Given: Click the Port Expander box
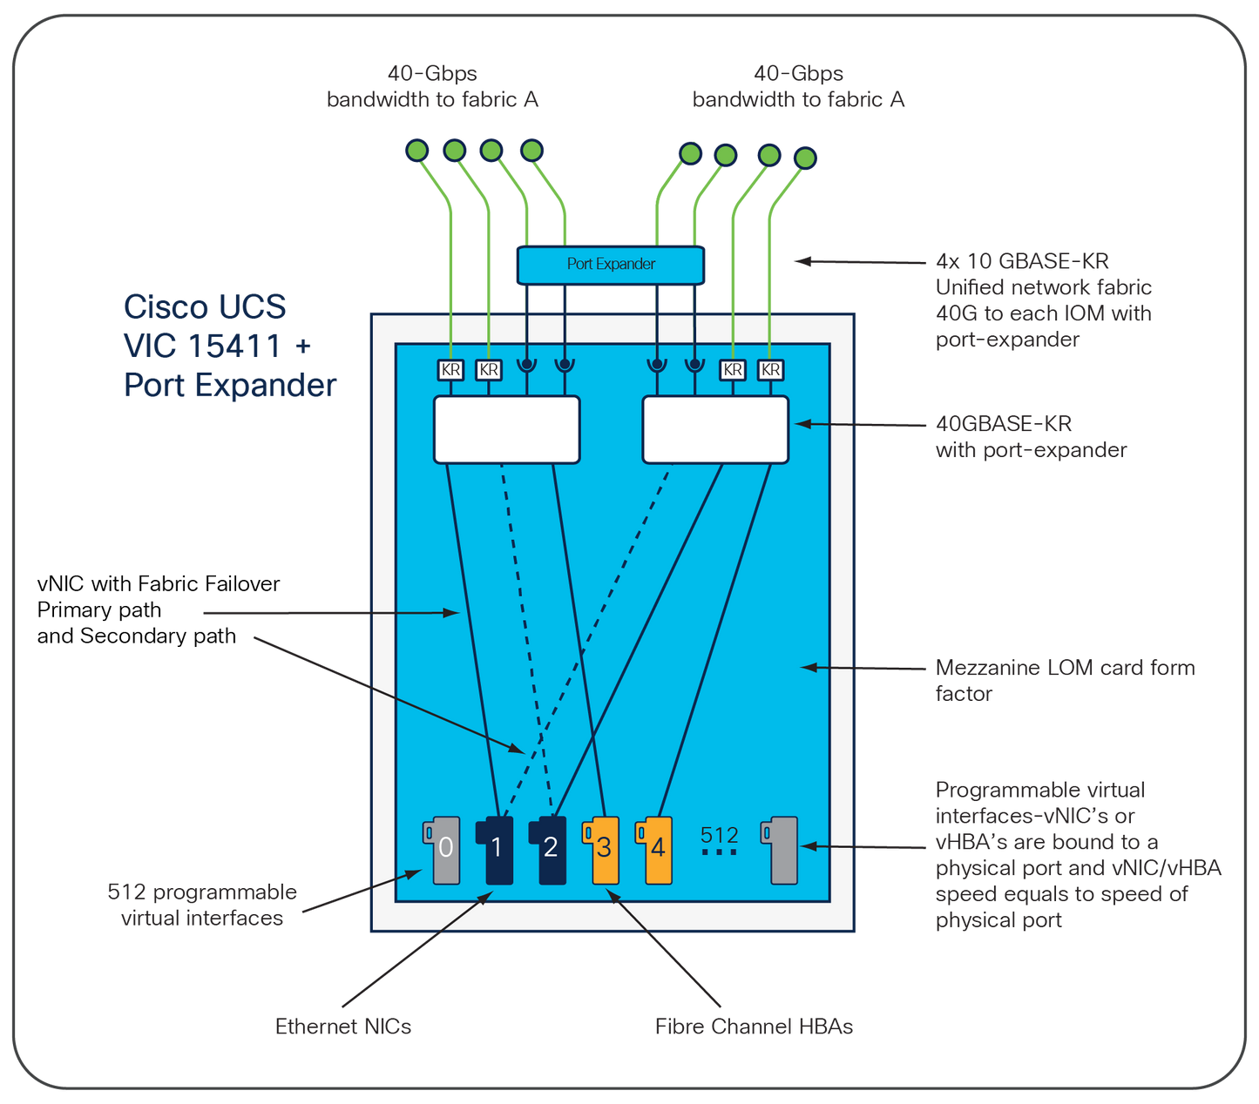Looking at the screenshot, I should click(x=610, y=265).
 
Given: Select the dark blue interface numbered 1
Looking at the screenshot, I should click(x=497, y=850).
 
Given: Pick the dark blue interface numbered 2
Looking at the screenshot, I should click(x=551, y=850).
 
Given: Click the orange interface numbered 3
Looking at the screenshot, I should click(x=603, y=850).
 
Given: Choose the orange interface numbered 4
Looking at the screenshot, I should click(x=656, y=850).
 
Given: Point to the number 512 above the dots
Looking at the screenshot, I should click(x=719, y=836).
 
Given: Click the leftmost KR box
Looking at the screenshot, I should click(x=450, y=370).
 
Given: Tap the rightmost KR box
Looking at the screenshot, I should click(x=770, y=370).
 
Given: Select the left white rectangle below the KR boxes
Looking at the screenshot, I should click(x=507, y=430).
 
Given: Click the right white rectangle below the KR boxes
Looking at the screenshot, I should click(x=715, y=430).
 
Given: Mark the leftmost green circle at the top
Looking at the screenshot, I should click(x=417, y=151).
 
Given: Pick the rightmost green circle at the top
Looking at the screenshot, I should click(x=806, y=158).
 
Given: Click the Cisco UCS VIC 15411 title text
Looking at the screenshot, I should click(x=228, y=346).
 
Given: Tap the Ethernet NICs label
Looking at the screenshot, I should click(x=343, y=1027).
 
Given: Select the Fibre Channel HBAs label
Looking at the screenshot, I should click(x=754, y=1027).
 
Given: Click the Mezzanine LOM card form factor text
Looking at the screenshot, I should click(x=1064, y=680).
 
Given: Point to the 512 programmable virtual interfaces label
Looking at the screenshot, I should click(x=202, y=905).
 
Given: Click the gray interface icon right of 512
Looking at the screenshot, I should click(x=781, y=850).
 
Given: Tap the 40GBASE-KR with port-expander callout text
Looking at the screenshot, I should click(x=1030, y=437).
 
